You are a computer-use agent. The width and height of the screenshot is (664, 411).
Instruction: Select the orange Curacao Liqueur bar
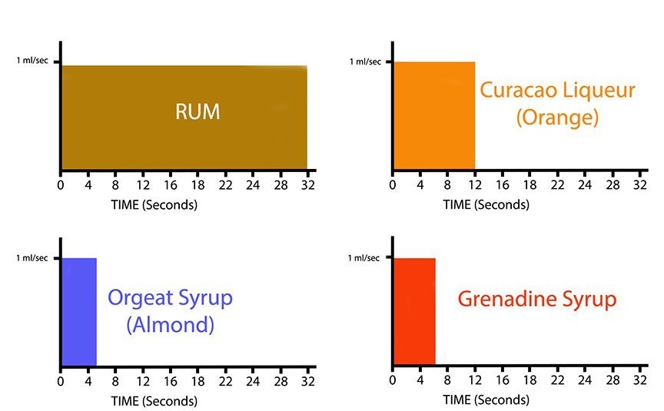[433, 115]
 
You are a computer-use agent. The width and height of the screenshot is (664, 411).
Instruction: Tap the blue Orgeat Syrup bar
[78, 311]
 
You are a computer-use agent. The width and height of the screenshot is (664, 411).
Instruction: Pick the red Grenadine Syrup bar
[414, 311]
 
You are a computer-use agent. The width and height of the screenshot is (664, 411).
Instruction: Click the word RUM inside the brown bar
[198, 112]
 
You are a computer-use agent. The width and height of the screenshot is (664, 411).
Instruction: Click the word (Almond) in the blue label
[169, 324]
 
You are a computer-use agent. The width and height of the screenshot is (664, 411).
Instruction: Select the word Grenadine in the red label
[513, 299]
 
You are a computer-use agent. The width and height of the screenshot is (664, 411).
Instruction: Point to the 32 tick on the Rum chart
[307, 185]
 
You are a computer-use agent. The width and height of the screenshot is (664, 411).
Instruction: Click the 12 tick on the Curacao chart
[475, 185]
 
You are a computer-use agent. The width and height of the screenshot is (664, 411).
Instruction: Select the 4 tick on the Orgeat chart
[88, 381]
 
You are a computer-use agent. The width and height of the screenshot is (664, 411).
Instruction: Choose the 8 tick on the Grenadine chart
[448, 381]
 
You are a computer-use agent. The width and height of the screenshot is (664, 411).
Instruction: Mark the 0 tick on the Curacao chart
[393, 185]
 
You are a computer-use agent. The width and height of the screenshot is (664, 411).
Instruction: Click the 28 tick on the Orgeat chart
[281, 381]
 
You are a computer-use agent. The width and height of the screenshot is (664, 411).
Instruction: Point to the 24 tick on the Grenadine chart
[585, 381]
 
